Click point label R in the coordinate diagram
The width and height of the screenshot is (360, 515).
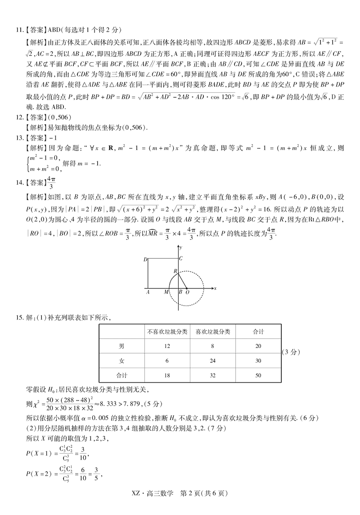175,270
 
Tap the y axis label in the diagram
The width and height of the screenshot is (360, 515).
180,247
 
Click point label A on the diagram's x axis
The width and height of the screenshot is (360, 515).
148,292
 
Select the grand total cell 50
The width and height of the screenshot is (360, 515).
258,375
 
